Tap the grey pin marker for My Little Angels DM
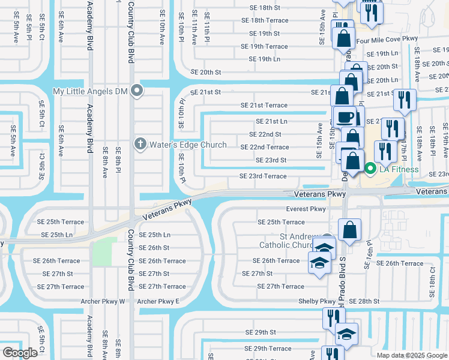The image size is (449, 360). [137, 91]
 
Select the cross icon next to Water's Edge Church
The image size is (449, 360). [140, 143]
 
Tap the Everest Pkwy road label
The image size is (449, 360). [306, 209]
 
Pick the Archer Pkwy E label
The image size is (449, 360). [158, 301]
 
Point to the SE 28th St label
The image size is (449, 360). [364, 301]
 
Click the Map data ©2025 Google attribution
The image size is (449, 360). [412, 355]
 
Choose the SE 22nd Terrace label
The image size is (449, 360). [265, 147]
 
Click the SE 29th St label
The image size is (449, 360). [260, 332]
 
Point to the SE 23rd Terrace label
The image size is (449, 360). [263, 176]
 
